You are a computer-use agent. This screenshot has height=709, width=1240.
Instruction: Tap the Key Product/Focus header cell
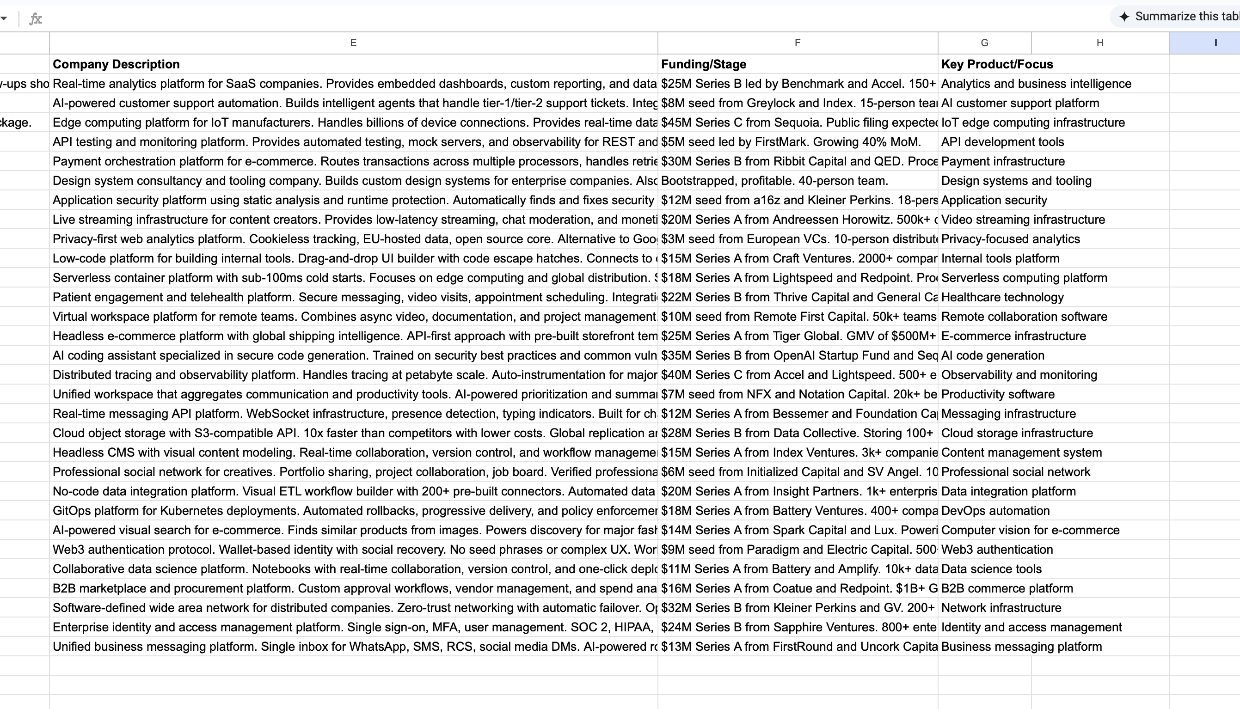(996, 64)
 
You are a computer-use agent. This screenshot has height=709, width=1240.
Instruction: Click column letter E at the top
(353, 43)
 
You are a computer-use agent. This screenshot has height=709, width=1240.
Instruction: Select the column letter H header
(1100, 43)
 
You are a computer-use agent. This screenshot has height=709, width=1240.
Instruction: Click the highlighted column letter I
(1215, 43)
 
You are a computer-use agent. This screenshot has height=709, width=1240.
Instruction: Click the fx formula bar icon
(36, 19)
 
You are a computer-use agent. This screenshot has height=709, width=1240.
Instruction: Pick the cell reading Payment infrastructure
(1002, 161)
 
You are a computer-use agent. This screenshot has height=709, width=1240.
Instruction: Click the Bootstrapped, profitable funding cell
(774, 181)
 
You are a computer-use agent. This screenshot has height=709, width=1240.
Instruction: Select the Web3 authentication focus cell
(996, 549)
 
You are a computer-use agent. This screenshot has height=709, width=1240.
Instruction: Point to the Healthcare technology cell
(1002, 297)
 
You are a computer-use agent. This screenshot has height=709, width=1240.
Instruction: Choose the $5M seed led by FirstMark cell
(791, 142)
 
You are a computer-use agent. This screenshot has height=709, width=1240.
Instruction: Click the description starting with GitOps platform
(353, 511)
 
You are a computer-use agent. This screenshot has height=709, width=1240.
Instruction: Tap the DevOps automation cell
(995, 511)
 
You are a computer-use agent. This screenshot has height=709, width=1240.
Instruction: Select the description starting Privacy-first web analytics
(353, 239)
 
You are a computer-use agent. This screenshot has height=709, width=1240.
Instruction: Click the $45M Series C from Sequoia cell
(797, 122)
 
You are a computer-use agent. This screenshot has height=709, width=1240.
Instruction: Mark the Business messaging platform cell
(1021, 647)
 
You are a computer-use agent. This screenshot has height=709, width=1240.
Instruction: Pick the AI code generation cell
(992, 355)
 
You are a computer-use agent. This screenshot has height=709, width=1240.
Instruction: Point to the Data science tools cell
(991, 569)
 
